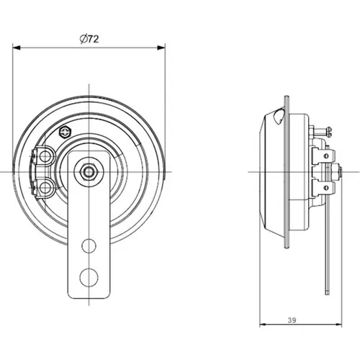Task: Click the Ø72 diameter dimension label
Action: [x=89, y=39]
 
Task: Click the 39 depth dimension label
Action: [x=292, y=320]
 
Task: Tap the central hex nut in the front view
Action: [x=89, y=172]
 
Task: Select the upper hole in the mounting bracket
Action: [x=89, y=246]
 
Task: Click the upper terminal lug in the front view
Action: [x=43, y=156]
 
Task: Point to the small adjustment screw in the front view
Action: [x=66, y=132]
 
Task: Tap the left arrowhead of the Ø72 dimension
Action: [x=16, y=48]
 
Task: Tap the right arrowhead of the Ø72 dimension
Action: [x=161, y=48]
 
